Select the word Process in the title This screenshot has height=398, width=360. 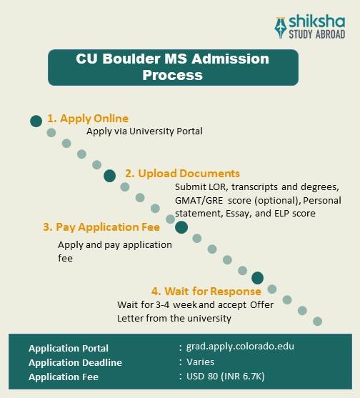tap(172, 74)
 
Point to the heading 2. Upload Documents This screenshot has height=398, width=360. tap(182, 174)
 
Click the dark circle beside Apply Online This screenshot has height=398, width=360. tap(36, 121)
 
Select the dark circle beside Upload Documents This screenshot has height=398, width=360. tap(109, 176)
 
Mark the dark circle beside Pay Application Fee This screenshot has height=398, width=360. tap(181, 228)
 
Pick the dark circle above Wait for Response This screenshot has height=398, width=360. tap(257, 278)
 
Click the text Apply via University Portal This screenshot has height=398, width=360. tap(145, 131)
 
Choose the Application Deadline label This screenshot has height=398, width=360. tap(75, 362)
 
